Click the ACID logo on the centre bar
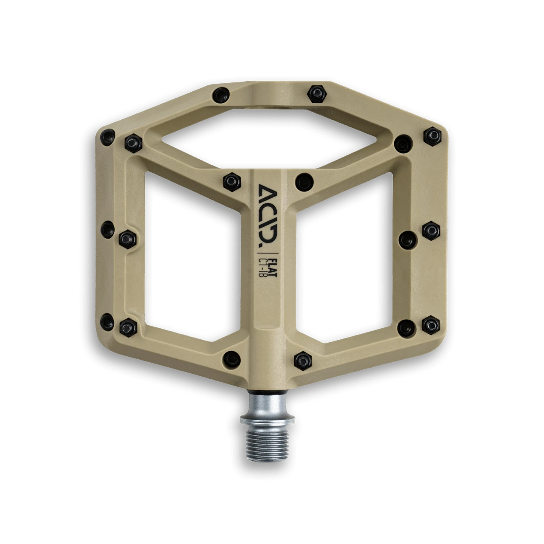[x=268, y=214]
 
